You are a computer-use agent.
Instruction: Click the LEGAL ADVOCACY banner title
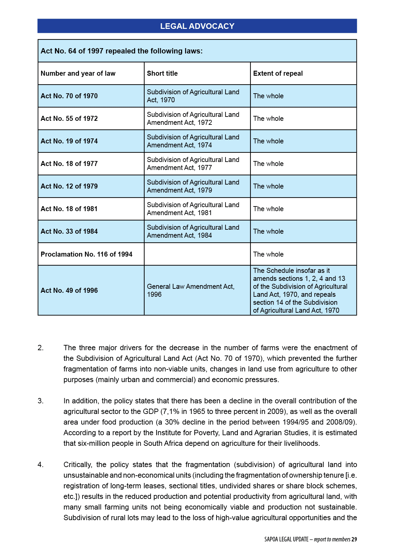197,26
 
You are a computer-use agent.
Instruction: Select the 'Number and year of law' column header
78,73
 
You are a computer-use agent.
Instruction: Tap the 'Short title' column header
162,73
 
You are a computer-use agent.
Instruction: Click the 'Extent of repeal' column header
278,73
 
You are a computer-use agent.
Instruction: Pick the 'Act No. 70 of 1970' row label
69,96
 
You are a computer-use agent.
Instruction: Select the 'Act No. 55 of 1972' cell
69,119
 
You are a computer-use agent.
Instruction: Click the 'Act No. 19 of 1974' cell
69,141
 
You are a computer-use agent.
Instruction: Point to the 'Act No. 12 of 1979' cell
69,186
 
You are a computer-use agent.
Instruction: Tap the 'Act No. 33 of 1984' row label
69,231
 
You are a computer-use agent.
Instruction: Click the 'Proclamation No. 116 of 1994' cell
86,254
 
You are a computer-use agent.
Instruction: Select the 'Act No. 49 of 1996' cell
69,290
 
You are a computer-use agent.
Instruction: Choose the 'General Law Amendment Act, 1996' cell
190,290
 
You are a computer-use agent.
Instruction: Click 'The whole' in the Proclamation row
268,254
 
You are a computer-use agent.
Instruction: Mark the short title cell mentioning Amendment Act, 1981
193,209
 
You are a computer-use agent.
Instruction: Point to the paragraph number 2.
40,348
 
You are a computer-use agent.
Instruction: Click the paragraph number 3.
40,401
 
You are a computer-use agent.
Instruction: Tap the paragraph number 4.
40,465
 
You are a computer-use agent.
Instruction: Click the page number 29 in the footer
354,539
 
